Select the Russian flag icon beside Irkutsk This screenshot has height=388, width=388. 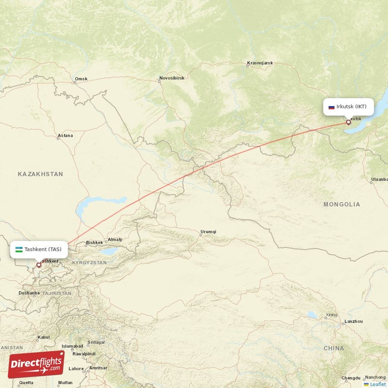pyautogui.click(x=331, y=107)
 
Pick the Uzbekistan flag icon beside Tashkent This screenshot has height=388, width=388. pyautogui.click(x=18, y=249)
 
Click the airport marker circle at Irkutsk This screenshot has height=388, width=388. pyautogui.click(x=348, y=122)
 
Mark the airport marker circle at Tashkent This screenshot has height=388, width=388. pyautogui.click(x=39, y=265)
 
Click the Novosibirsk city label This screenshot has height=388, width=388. pyautogui.click(x=173, y=78)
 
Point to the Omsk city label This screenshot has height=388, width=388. pyautogui.click(x=81, y=79)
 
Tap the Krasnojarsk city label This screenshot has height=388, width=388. pyautogui.click(x=260, y=63)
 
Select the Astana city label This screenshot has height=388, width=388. pyautogui.click(x=65, y=136)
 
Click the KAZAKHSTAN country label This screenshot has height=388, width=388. pyautogui.click(x=41, y=174)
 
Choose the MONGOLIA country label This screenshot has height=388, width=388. pyautogui.click(x=342, y=204)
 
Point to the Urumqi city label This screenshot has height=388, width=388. pyautogui.click(x=208, y=232)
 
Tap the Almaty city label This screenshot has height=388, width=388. pyautogui.click(x=115, y=239)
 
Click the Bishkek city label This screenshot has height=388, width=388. pyautogui.click(x=94, y=242)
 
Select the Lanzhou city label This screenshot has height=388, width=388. pyautogui.click(x=353, y=321)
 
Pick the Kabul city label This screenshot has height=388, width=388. pyautogui.click(x=44, y=337)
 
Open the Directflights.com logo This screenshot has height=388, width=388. pyautogui.click(x=36, y=364)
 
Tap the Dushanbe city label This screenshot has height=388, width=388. pyautogui.click(x=29, y=293)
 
